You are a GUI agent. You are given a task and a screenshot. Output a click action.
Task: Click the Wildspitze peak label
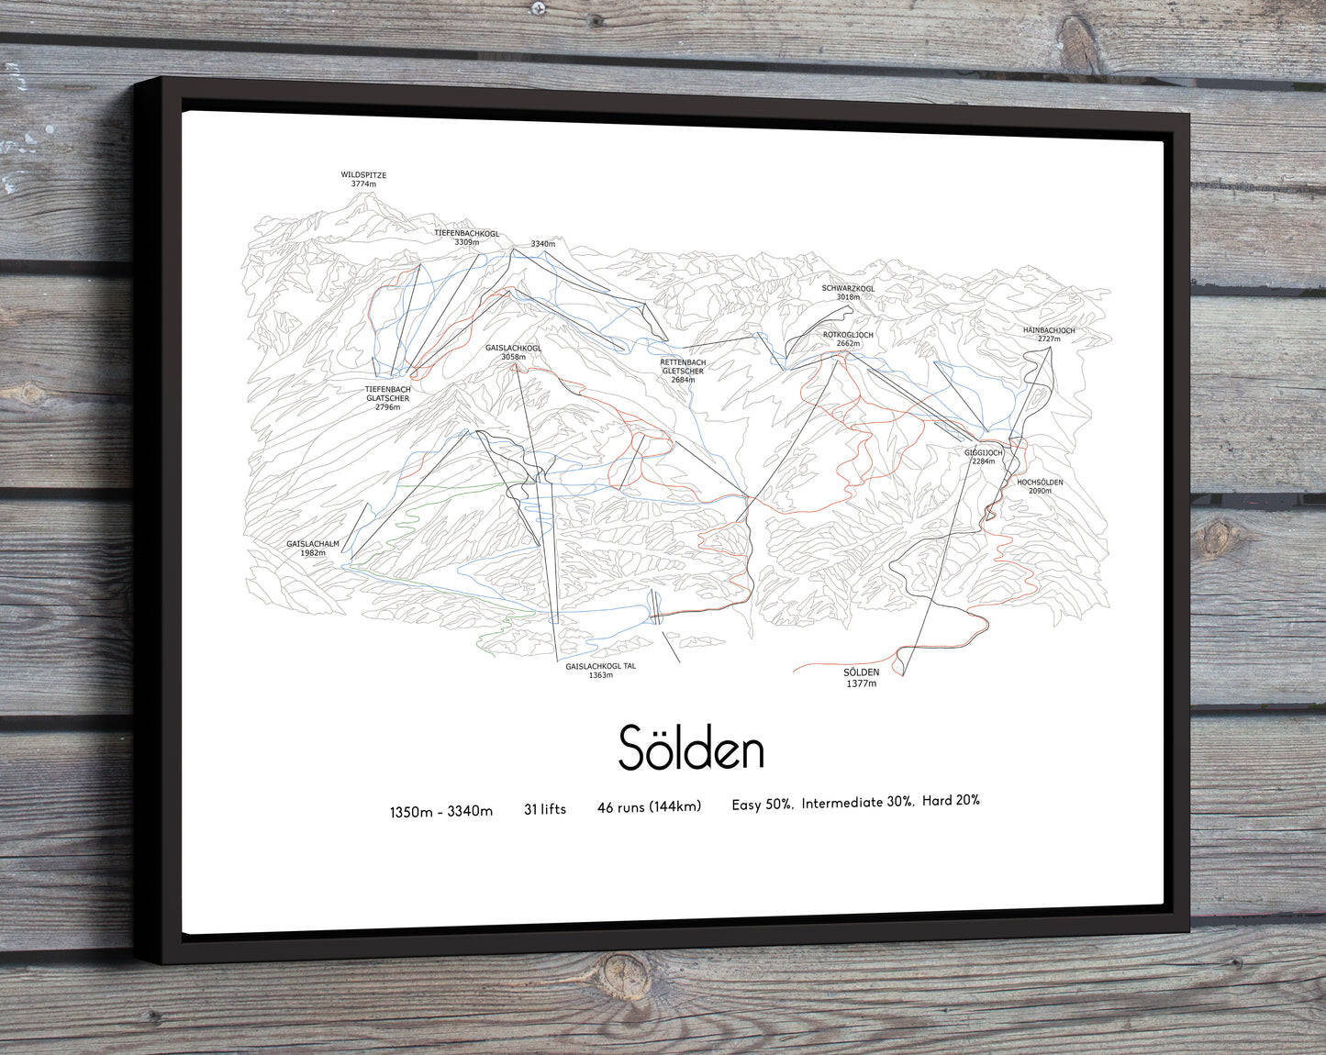[363, 179]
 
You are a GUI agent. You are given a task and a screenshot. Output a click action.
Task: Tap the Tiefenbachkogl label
[466, 238]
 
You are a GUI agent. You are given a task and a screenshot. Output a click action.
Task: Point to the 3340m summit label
[542, 244]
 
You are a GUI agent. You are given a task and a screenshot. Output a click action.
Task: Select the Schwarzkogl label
[848, 293]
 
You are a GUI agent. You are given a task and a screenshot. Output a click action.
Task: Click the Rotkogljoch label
[848, 339]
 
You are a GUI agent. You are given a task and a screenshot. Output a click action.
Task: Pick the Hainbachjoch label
[1049, 335]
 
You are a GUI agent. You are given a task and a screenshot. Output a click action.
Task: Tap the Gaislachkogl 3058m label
[513, 352]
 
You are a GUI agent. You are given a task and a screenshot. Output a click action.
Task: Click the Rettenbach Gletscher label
[683, 371]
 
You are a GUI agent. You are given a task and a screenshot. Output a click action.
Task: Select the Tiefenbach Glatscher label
[387, 398]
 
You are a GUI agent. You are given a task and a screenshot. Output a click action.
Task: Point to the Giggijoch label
[983, 457]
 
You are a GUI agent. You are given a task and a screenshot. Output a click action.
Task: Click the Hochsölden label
[1040, 486]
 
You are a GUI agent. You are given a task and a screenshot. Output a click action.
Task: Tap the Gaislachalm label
[313, 549]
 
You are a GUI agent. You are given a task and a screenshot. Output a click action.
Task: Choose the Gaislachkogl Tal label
[600, 671]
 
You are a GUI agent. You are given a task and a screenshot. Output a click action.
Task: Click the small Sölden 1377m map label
[861, 678]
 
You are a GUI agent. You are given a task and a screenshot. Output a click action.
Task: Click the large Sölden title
[691, 748]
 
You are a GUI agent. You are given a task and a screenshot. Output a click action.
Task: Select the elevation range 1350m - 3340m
[440, 811]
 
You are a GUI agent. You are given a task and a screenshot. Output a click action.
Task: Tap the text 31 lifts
[545, 809]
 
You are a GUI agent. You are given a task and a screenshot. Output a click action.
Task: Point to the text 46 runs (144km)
[649, 807]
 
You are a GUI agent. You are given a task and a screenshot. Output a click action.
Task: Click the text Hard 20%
[951, 801]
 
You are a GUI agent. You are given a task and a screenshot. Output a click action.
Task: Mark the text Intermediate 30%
[856, 803]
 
